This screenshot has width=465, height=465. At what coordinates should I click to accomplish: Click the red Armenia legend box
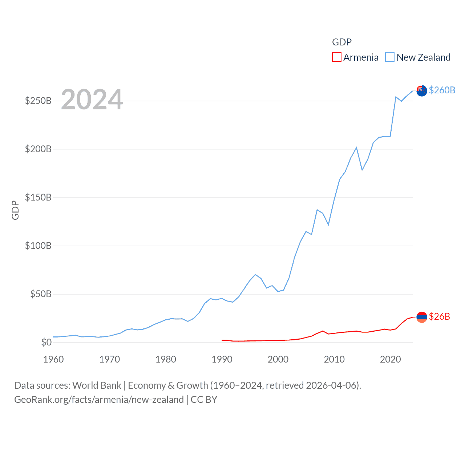point(337,57)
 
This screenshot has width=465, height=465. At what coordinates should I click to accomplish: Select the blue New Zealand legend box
point(390,57)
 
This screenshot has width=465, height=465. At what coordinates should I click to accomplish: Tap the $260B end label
point(442,90)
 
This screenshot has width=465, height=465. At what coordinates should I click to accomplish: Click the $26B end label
point(439,316)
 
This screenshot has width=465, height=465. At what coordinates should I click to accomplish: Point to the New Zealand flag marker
point(421,91)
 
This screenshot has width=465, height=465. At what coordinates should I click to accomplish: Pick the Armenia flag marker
point(421,317)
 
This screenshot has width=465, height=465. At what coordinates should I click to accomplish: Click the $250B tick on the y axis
point(38,101)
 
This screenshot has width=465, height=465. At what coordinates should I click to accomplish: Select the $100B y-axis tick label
point(38,246)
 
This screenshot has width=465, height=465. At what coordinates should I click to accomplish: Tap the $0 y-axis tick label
point(46,342)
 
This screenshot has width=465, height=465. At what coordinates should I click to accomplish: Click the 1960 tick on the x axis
point(53,359)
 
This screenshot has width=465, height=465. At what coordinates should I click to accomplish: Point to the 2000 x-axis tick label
point(278,359)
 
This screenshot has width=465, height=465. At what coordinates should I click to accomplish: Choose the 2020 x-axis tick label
point(390,359)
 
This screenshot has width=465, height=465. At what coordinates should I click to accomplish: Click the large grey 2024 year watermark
point(92,100)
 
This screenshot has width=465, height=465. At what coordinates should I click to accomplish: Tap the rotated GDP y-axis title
point(15,210)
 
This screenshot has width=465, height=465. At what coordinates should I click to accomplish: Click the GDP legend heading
point(342,42)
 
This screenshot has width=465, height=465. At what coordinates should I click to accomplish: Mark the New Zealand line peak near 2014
point(356,147)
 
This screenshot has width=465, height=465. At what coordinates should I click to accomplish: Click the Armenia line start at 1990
point(222,340)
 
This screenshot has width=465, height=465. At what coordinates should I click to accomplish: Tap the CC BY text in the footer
point(204,400)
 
